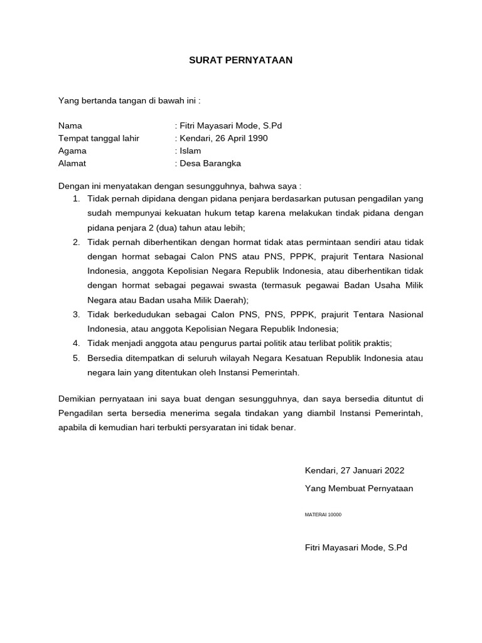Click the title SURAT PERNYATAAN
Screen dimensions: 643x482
click(x=241, y=61)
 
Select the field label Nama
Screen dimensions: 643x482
click(x=70, y=126)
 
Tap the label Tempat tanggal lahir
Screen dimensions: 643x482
click(x=99, y=138)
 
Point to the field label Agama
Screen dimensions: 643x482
click(x=72, y=151)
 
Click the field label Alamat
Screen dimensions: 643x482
click(x=72, y=163)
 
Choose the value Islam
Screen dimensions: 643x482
click(x=190, y=151)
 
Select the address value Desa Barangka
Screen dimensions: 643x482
click(x=210, y=163)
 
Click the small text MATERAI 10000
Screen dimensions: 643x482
click(x=323, y=514)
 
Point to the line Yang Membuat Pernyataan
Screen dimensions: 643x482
click(x=358, y=488)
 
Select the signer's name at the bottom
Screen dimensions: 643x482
click(x=355, y=548)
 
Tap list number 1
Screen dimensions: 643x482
click(x=76, y=198)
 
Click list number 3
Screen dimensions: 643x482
click(x=76, y=314)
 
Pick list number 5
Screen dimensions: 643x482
click(x=76, y=358)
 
